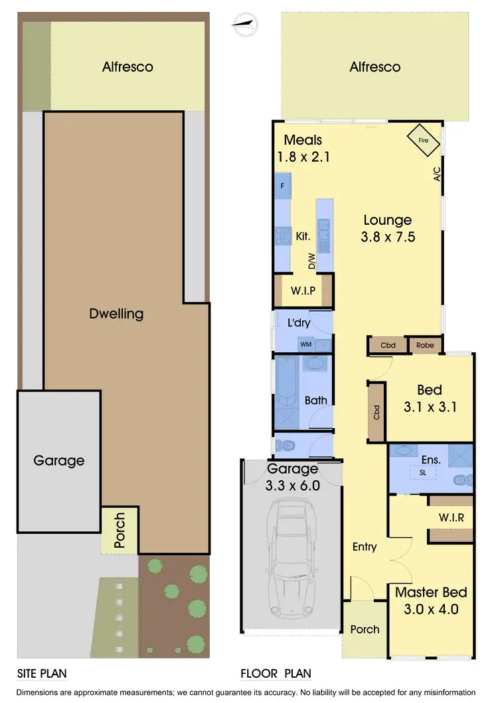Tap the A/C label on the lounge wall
click(437, 174)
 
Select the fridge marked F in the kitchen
click(282, 186)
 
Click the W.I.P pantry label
click(302, 291)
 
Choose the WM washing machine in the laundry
click(305, 344)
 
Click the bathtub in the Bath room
click(288, 383)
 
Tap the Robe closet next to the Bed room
click(425, 346)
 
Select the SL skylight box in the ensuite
click(422, 472)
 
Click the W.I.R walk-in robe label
click(451, 517)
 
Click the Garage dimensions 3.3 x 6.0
click(293, 485)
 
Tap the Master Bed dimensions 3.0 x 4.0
click(431, 609)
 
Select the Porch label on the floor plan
click(365, 629)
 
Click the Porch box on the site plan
click(120, 531)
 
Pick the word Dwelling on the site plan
click(116, 313)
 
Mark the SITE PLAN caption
click(41, 674)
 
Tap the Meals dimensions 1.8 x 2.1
click(303, 157)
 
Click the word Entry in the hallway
click(365, 546)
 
